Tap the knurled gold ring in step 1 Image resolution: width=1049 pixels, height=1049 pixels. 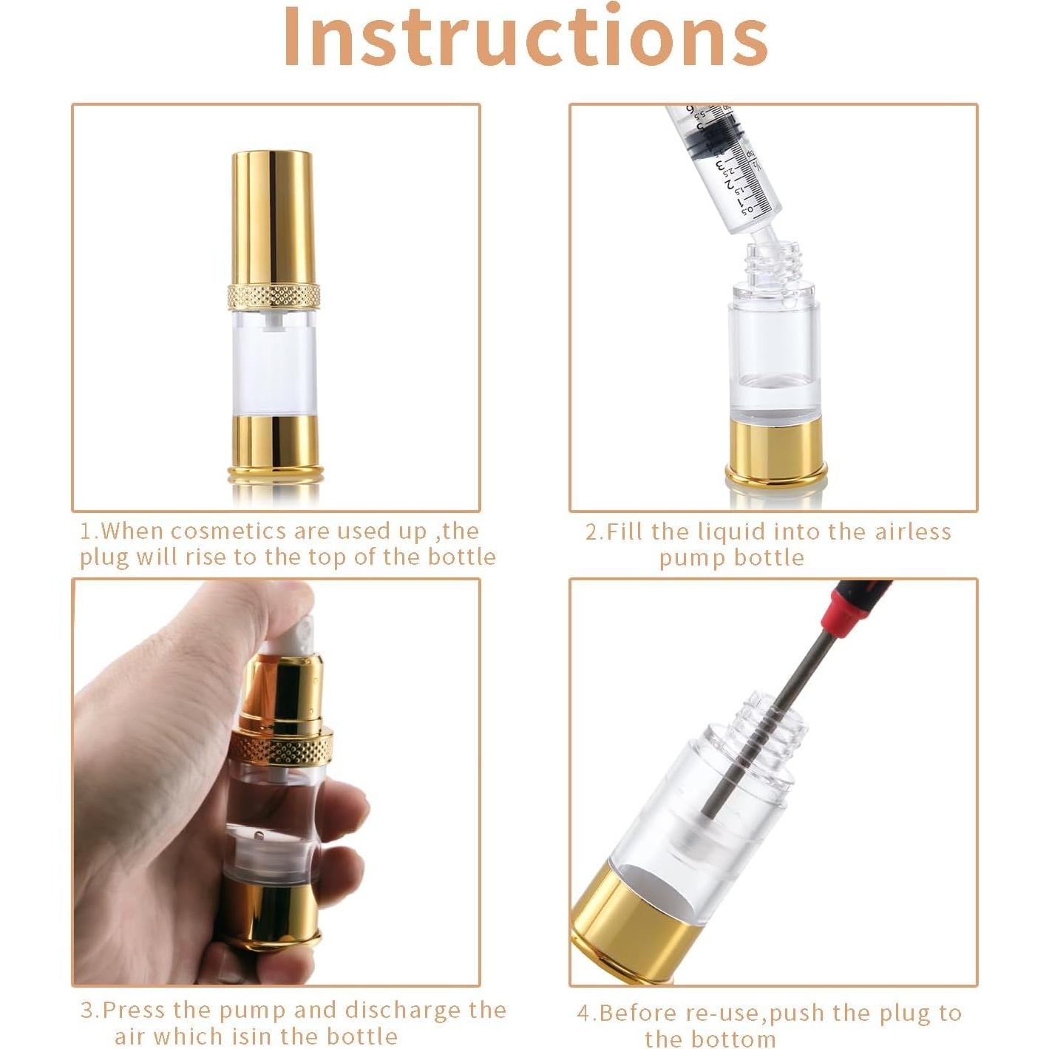[x=274, y=296]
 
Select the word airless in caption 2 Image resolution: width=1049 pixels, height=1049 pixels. [x=913, y=532]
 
